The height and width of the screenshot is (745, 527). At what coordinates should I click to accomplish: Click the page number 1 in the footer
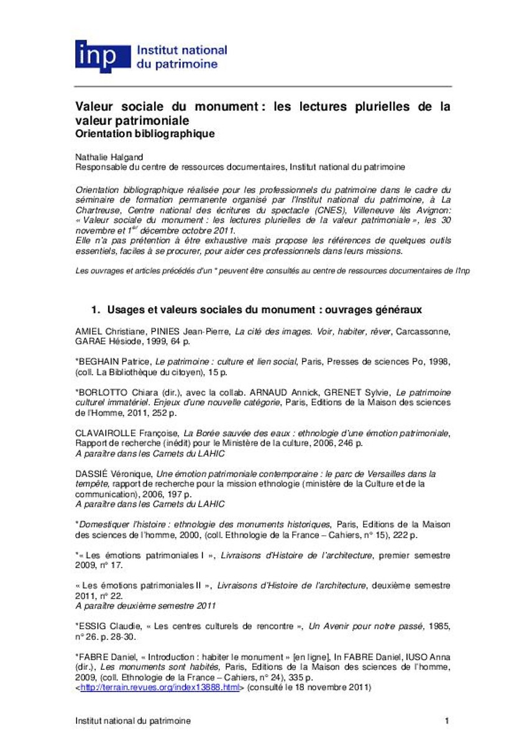pyautogui.click(x=446, y=721)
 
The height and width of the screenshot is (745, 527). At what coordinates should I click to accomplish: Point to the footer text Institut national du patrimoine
pyautogui.click(x=133, y=721)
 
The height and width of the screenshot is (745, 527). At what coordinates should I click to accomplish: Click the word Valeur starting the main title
pyautogui.click(x=94, y=107)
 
